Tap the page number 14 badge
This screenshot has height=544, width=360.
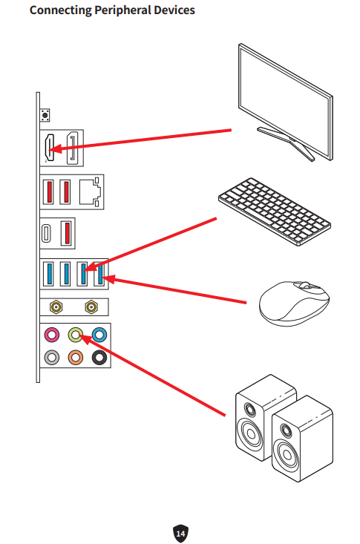click(x=180, y=532)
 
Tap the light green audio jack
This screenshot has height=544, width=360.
click(x=76, y=335)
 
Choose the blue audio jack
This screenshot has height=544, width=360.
click(x=99, y=335)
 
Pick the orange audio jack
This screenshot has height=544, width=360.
click(x=76, y=357)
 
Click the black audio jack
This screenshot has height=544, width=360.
click(x=99, y=357)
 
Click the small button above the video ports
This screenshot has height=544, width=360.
click(x=47, y=115)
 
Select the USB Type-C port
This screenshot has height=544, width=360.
click(x=48, y=232)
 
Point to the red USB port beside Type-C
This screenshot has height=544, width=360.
click(x=65, y=232)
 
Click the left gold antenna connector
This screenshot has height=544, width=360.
click(x=55, y=305)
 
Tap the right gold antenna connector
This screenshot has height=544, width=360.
click(x=91, y=305)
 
